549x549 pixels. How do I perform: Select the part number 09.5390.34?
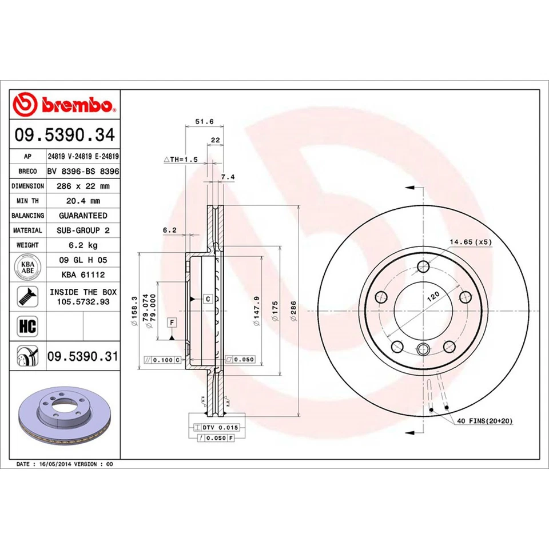coord(65,136)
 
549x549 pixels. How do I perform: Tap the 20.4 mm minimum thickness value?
coord(83,201)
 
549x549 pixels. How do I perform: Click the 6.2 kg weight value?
coord(83,245)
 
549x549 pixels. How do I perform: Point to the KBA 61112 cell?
coord(83,274)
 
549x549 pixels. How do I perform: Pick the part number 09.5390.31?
coord(83,357)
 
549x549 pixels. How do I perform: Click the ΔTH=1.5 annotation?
coord(180,160)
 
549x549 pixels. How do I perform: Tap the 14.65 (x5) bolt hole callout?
coord(470,242)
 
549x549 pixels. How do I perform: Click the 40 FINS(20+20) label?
coord(484,421)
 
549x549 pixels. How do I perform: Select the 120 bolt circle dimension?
coord(433,296)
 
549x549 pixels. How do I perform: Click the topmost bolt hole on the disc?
coord(423,266)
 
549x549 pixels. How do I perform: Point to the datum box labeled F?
coord(171,323)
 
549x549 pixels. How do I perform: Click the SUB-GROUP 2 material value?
coord(83,230)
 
